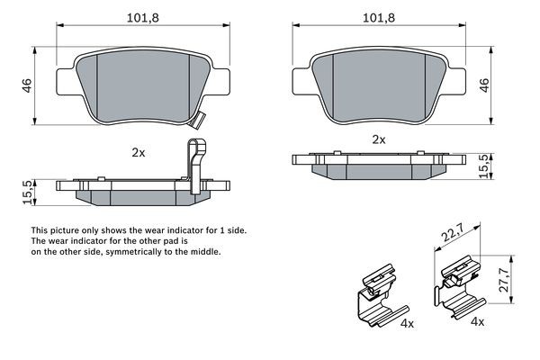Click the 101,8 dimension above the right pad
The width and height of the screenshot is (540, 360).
(378, 17)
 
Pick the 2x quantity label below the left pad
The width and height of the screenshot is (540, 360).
(138, 153)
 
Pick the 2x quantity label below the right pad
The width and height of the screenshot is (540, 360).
(379, 139)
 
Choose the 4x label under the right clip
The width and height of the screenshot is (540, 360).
(477, 322)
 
